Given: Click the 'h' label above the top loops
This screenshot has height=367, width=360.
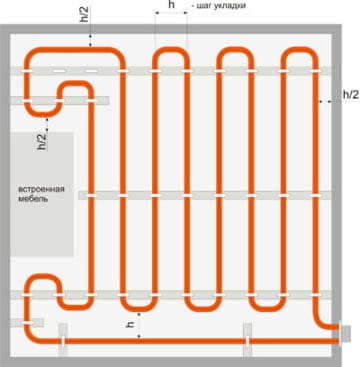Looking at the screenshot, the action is click(x=171, y=5).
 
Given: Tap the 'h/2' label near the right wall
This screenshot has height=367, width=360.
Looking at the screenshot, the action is click(x=351, y=95).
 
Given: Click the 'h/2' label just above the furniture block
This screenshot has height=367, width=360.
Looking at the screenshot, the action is click(x=42, y=141).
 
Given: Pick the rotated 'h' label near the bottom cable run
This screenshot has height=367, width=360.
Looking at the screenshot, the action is click(x=130, y=324).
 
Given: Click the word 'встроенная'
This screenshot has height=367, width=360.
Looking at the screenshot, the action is click(x=41, y=189).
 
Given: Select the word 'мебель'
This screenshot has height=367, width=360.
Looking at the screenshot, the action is click(x=33, y=199).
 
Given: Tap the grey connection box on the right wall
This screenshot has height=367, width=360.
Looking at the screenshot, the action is click(x=345, y=334).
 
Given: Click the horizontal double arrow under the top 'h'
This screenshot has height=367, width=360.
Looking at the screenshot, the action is click(x=171, y=13).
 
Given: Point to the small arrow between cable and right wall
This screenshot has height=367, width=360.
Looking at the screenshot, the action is click(x=325, y=101).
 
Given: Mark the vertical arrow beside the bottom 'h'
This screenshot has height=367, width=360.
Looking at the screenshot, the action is click(x=139, y=325).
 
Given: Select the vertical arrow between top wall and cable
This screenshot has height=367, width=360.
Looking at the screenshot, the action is click(x=90, y=40).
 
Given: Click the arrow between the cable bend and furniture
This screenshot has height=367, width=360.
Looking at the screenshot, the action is click(x=47, y=124).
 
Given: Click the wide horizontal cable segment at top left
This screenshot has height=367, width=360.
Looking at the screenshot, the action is click(x=74, y=50).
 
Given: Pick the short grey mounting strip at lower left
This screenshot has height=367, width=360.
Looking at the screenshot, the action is click(x=27, y=323).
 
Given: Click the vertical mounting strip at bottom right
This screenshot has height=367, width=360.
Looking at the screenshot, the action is click(x=247, y=340).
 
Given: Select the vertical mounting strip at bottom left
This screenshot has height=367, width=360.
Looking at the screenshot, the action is click(x=63, y=340).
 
